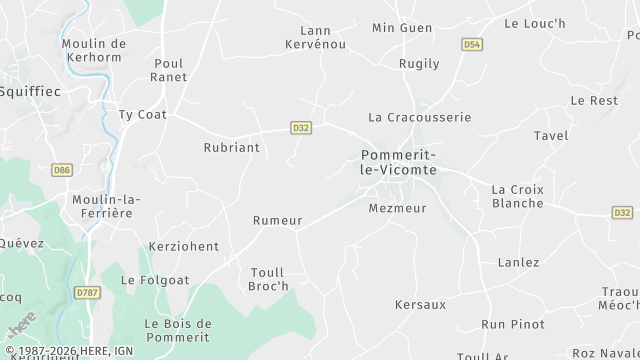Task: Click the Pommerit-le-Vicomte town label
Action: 397,162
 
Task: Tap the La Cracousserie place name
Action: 419,117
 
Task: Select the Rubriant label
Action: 231,147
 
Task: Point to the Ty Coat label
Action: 142,114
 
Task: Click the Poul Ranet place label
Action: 169,69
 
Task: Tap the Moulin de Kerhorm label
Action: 94,51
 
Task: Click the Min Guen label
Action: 402,28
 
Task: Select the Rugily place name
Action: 419,63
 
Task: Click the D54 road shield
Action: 472,45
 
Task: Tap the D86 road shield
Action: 62,170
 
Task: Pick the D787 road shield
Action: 86,292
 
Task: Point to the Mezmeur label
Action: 397,208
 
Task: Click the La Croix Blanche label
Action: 518,196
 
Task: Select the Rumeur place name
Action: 277,220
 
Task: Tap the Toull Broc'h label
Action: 267,278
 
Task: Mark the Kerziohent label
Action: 183,246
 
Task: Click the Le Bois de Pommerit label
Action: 178,331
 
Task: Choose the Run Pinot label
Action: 513,324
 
